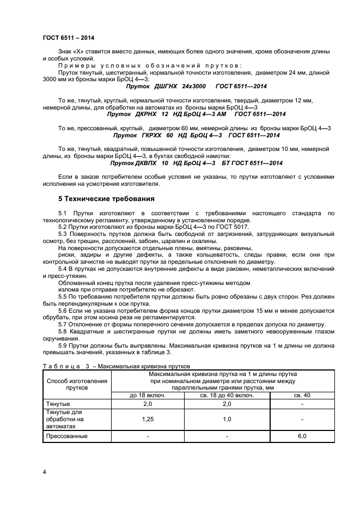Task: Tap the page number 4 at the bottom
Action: pos(44,472)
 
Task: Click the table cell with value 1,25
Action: pos(147,420)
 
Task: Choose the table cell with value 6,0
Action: pos(302,436)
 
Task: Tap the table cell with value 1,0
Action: pos(227,420)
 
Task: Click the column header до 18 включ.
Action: pos(147,396)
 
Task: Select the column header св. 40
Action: pos(302,396)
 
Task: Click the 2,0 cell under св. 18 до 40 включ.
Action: pos(227,404)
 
